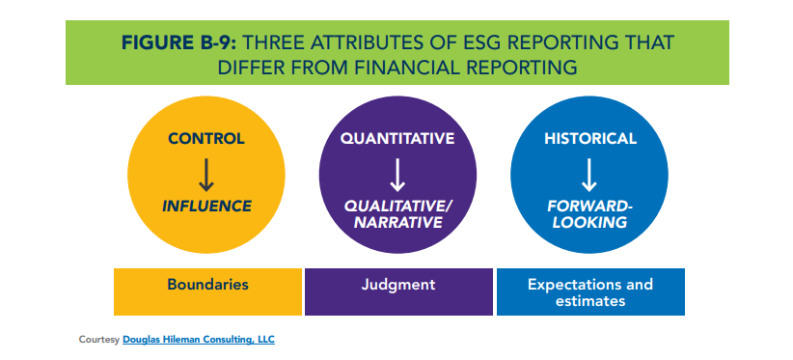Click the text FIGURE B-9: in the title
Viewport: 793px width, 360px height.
point(179,43)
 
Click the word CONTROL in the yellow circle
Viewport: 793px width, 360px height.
point(206,139)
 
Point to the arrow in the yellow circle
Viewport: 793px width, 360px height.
point(206,175)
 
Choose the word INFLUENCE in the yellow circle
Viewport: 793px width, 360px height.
point(206,206)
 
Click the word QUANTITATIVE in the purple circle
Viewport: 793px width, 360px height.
point(397,139)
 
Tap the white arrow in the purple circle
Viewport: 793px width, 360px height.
point(397,175)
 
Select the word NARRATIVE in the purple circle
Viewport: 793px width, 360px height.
point(398,223)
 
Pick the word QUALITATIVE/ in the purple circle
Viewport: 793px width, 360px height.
point(399,207)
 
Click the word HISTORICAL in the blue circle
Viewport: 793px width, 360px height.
point(590,139)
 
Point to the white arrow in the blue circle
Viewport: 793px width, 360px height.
point(589,175)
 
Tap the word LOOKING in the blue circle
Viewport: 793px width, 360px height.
point(589,223)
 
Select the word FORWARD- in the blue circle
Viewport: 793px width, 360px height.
point(590,207)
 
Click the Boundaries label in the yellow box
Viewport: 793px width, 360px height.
point(207,284)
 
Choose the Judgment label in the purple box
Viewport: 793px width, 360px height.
point(398,285)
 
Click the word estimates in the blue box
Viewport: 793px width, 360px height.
point(590,301)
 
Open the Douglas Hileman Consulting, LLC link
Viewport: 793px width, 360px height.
point(199,340)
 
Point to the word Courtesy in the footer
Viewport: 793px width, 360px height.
point(99,340)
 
